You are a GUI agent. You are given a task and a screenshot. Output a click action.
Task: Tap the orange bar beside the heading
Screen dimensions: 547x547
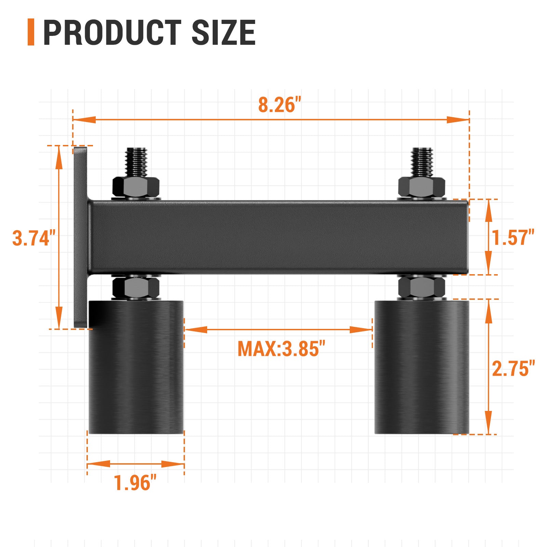pos(31,32)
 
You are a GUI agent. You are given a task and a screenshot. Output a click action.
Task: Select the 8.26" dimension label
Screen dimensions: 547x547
pos(279,105)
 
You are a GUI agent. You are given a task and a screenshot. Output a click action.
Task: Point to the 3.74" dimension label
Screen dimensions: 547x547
pos(34,238)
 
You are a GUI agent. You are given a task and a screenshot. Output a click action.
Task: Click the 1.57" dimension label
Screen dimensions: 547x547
pos(513,238)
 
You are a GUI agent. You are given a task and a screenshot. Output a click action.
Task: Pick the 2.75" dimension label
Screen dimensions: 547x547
pos(513,369)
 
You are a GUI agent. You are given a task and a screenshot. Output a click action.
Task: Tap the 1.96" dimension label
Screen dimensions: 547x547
pos(135,483)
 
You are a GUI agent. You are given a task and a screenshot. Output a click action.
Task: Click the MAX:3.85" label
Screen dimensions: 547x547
pos(281,349)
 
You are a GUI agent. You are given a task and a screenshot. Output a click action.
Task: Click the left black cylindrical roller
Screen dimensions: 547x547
pos(136,368)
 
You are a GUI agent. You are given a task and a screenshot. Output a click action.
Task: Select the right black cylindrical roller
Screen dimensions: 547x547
pos(422,368)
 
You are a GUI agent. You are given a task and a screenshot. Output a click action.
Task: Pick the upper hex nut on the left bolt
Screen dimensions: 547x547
pos(136,187)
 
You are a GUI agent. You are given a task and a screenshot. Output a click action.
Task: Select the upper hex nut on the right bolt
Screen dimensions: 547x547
pos(422,187)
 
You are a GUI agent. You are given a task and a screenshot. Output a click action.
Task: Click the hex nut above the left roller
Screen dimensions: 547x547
pos(136,288)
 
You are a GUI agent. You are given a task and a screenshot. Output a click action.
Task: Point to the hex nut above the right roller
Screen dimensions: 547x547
pos(422,287)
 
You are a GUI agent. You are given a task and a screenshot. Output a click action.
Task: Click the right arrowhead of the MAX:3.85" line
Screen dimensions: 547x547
pos(360,330)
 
